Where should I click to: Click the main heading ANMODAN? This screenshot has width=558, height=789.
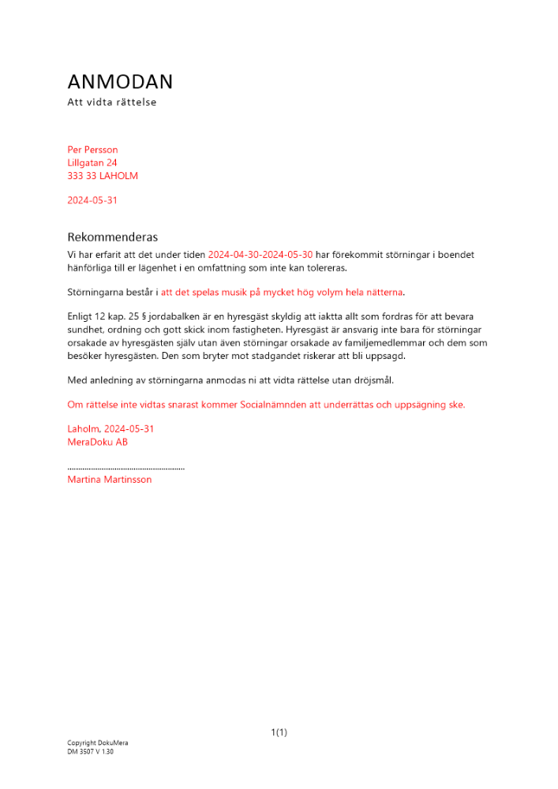click(120, 82)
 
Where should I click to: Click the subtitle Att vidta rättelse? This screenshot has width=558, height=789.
click(112, 102)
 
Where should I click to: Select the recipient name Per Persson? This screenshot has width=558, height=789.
click(93, 150)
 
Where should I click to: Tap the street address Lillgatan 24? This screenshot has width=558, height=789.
click(92, 163)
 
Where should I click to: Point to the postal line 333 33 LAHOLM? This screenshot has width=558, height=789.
click(103, 176)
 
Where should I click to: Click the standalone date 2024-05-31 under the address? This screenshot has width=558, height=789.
click(92, 200)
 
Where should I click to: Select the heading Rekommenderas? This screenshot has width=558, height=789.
click(113, 237)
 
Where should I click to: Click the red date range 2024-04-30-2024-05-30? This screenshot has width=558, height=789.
click(260, 255)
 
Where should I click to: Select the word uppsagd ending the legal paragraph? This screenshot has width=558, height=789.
click(384, 355)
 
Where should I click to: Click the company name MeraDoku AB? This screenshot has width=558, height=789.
click(98, 443)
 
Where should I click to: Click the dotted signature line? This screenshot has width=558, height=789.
click(126, 468)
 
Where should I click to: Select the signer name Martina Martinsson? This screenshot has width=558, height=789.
click(110, 480)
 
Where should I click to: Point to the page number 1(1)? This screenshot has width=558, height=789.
click(279, 733)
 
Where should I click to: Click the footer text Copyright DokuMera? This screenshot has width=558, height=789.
click(98, 743)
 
